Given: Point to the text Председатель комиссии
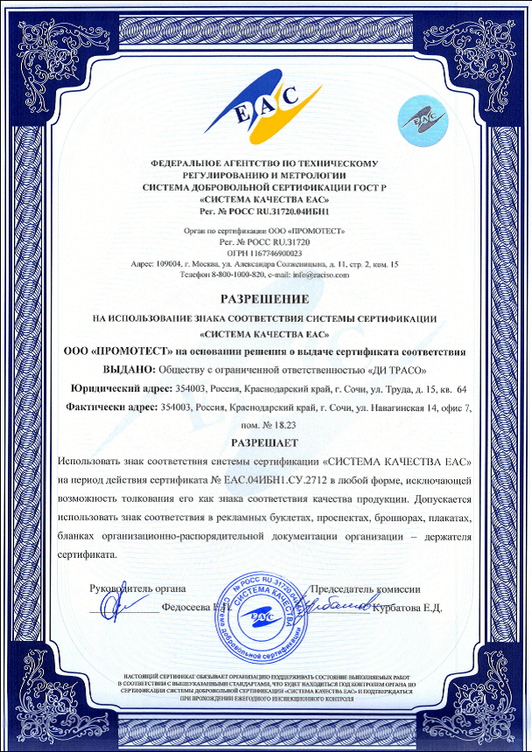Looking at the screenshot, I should [x=372, y=588].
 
